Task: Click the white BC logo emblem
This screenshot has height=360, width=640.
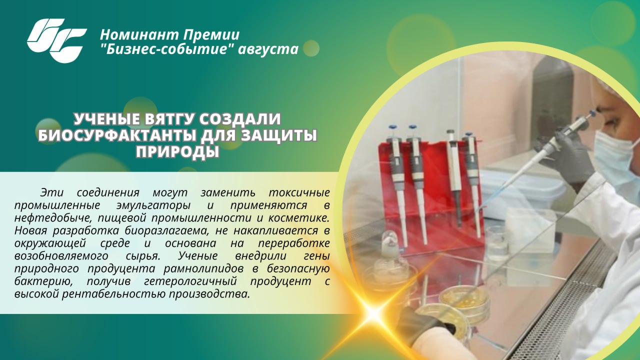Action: [x=56, y=40]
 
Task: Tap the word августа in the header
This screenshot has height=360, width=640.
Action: [x=268, y=49]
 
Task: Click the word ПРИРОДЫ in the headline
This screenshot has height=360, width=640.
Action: [x=177, y=152]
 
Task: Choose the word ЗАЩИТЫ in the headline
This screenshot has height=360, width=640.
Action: [x=279, y=135]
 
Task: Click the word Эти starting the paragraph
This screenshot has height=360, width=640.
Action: [x=51, y=192]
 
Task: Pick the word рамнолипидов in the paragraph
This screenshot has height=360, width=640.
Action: [x=203, y=269]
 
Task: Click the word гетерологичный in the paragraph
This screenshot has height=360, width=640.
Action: [x=190, y=281]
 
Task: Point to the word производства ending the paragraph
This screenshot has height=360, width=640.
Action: [x=209, y=294]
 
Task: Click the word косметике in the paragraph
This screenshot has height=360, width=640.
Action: [x=299, y=218]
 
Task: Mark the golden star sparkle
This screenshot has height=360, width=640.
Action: [x=373, y=313]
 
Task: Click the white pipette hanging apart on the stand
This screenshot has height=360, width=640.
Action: [x=455, y=177]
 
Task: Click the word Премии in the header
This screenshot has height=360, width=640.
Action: [x=211, y=35]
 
